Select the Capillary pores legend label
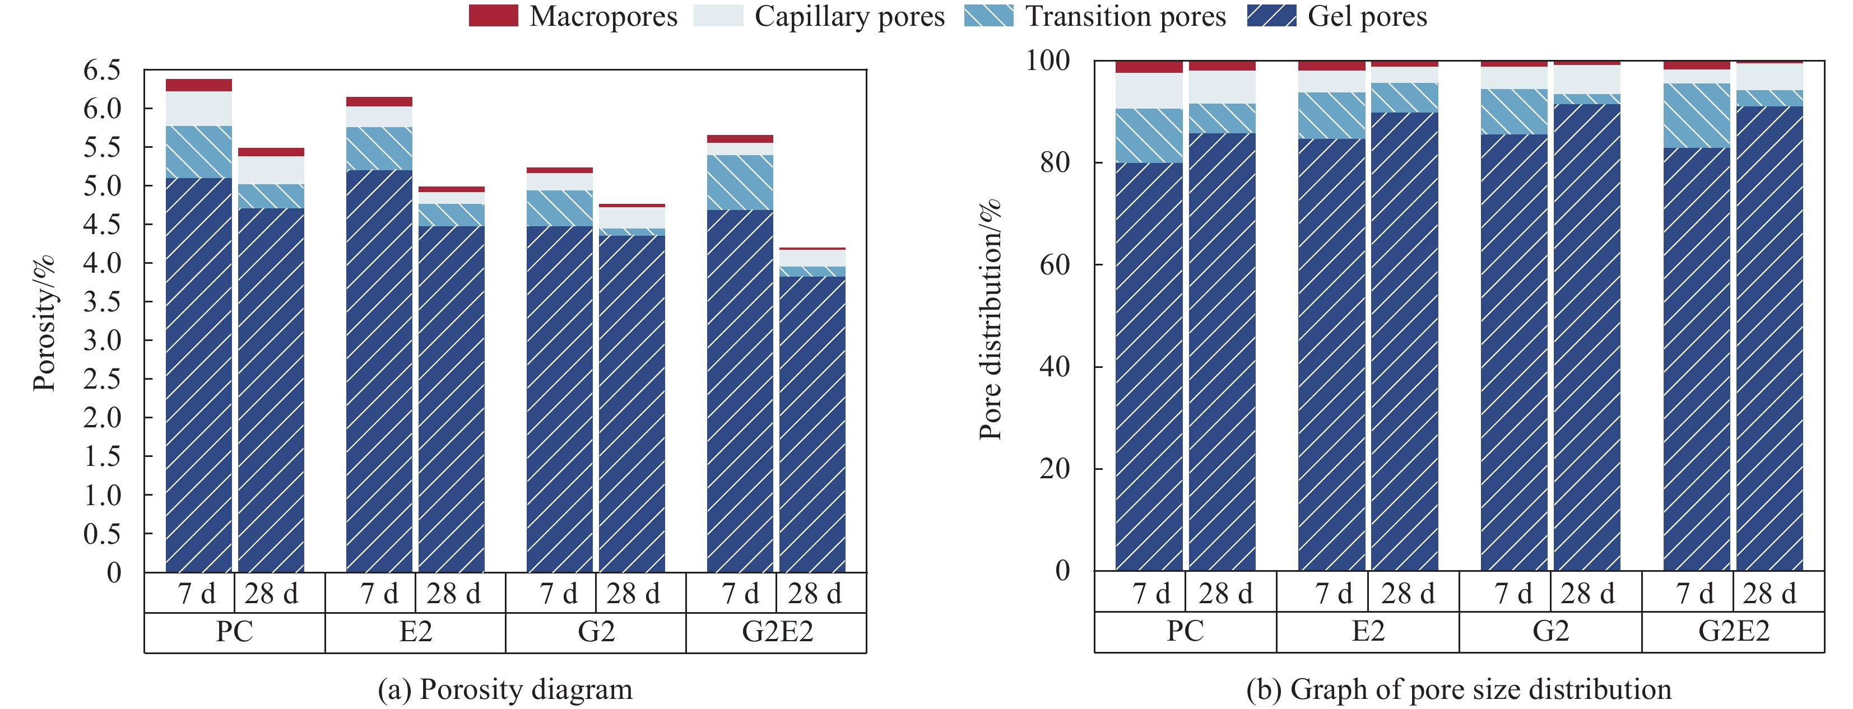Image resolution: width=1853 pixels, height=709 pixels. click(x=849, y=16)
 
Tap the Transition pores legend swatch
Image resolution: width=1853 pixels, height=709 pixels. click(x=988, y=16)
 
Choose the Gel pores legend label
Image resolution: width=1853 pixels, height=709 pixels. click(x=1367, y=16)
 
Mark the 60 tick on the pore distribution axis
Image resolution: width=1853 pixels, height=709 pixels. click(x=1055, y=265)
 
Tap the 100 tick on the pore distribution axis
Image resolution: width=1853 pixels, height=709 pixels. click(x=1047, y=60)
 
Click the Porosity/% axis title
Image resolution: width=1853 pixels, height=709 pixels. click(x=45, y=324)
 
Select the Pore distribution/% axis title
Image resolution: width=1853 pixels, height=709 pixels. click(x=991, y=319)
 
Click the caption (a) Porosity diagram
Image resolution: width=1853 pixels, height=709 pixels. click(x=505, y=689)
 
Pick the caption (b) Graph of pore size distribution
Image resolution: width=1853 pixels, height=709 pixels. click(x=1458, y=689)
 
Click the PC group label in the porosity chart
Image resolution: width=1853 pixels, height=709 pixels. click(x=235, y=632)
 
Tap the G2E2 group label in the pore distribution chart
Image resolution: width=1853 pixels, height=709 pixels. click(x=1733, y=631)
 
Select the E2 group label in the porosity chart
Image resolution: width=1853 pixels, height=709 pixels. click(x=415, y=632)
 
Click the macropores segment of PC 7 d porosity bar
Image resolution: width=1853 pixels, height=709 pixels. click(x=198, y=85)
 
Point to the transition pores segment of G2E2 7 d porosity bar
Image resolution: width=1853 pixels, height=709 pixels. click(x=740, y=182)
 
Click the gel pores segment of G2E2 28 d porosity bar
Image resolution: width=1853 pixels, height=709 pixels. click(x=812, y=425)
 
